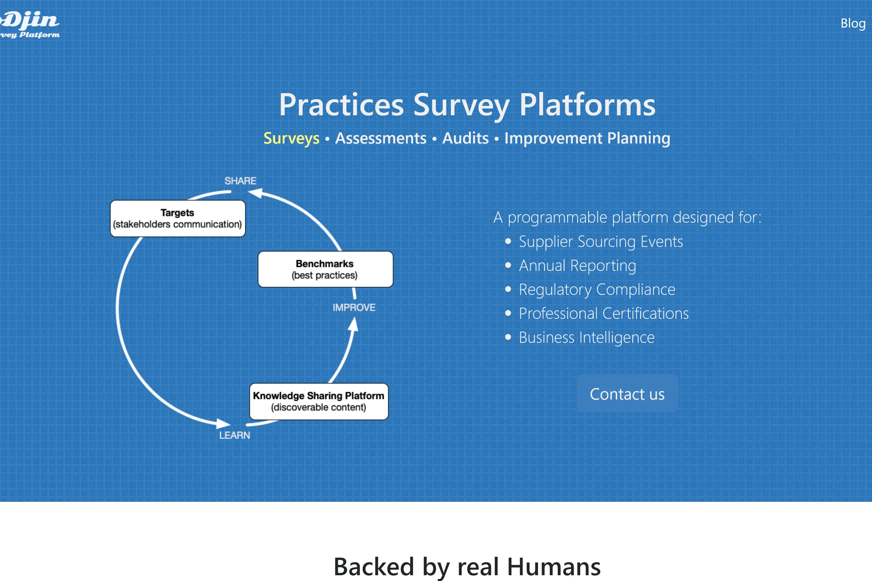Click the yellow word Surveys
point(291,138)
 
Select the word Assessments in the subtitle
point(381,138)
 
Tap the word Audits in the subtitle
point(466,138)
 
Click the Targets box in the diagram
point(178,218)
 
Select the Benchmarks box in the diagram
point(325,269)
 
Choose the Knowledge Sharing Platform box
point(319,401)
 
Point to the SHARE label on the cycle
point(240,181)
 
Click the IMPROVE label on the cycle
point(354,308)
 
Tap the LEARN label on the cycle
point(235,435)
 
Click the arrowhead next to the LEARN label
point(223,423)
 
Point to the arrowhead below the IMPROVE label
point(354,325)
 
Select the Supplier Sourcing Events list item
point(600,242)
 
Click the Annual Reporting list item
point(577,266)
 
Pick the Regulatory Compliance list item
point(597,289)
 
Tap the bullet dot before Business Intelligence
point(508,337)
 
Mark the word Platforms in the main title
point(587,105)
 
